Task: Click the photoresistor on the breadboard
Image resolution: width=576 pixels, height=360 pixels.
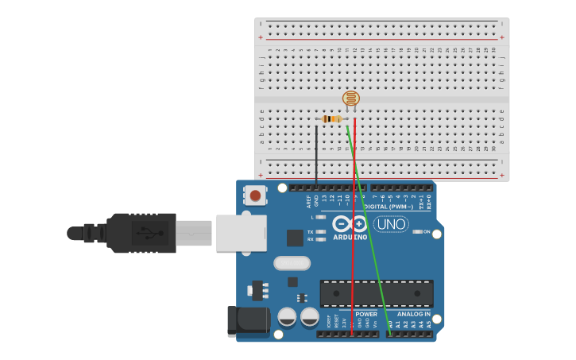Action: coord(350,99)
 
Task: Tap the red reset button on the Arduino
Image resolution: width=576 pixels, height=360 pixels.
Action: coord(255,195)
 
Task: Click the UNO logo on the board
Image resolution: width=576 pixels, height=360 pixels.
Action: coord(390,224)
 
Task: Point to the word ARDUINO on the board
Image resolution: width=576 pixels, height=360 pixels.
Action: coord(350,237)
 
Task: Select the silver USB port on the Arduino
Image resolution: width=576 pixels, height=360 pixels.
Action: coord(241,233)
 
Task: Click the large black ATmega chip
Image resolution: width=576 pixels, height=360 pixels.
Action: coord(377,293)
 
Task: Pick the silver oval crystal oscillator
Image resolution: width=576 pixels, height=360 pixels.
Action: coord(292,263)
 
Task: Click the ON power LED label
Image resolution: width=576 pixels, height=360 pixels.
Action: coord(427,231)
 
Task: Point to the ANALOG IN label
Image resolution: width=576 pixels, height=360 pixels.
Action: coord(413,314)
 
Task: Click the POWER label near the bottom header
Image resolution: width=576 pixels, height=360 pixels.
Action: coord(366,314)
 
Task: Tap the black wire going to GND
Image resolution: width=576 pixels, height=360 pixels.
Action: coord(316,155)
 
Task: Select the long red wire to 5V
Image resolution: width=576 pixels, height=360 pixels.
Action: coord(354,238)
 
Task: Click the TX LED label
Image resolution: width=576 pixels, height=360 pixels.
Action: coord(310,231)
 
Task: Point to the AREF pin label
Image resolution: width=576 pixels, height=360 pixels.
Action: coord(309,200)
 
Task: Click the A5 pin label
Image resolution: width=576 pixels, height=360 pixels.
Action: coord(429,324)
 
